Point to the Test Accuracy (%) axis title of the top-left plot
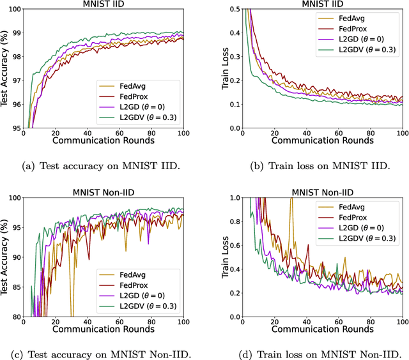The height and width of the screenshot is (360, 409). pyautogui.click(x=5, y=67)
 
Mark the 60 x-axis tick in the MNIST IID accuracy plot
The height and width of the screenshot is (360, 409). pyautogui.click(x=104, y=133)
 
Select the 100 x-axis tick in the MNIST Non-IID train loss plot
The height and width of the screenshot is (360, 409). pyautogui.click(x=402, y=320)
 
